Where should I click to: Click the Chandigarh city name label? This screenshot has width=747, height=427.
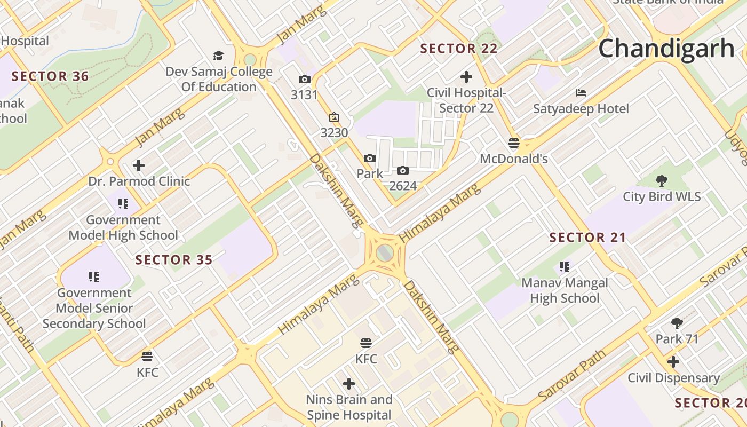tap(666, 49)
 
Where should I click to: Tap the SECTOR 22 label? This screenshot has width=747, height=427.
tap(459, 49)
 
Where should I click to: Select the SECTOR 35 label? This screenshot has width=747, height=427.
tap(174, 260)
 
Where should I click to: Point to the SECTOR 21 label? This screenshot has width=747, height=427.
tap(587, 238)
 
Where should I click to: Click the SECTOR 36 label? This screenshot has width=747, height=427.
tap(50, 76)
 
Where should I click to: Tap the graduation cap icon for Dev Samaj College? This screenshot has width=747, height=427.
tap(218, 56)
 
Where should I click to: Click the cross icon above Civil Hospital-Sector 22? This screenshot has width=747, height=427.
tap(466, 77)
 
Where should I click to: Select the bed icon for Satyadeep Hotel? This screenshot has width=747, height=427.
tap(581, 93)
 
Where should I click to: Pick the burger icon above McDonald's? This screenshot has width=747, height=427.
tap(514, 143)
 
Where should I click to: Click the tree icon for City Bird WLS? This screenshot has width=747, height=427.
tap(662, 181)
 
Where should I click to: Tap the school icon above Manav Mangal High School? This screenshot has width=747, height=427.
tap(565, 267)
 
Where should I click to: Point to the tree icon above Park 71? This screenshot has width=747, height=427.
tap(677, 323)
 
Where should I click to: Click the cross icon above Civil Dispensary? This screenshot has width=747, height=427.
tap(673, 362)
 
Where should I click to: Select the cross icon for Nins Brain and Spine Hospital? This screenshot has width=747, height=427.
tap(349, 384)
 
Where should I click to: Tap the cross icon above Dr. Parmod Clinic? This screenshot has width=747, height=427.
tap(139, 165)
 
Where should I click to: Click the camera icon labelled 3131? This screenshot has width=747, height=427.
tap(304, 80)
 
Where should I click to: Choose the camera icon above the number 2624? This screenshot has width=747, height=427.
tap(403, 171)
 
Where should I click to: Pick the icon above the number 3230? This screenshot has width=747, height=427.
tap(334, 117)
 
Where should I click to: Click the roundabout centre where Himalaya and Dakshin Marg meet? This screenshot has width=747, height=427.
tap(385, 252)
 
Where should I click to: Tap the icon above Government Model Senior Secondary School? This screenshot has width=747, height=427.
tap(94, 277)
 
